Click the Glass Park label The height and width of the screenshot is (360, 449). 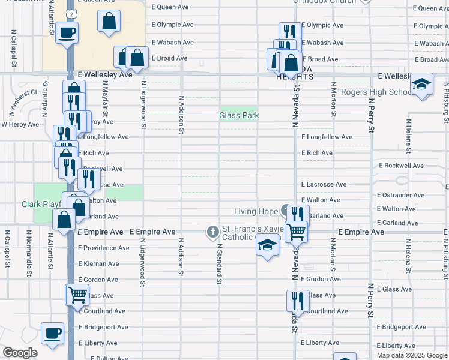click(238, 115)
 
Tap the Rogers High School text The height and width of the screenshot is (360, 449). click(376, 92)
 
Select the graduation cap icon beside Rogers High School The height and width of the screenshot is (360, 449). click(421, 85)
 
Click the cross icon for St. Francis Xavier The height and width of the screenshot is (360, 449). click(213, 231)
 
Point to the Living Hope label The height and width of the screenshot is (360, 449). click(256, 211)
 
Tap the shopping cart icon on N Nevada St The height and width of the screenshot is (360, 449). click(296, 231)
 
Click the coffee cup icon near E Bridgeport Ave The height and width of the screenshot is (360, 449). click(52, 333)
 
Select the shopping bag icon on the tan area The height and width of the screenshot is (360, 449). click(109, 22)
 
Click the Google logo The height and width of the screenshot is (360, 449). click(19, 353)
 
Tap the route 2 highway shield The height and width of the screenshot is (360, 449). click(71, 13)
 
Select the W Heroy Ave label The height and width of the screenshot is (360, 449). click(20, 124)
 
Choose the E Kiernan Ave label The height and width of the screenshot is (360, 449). click(99, 263)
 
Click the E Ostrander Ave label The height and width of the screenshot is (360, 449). click(400, 195)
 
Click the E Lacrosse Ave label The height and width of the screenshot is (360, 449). click(324, 184)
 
